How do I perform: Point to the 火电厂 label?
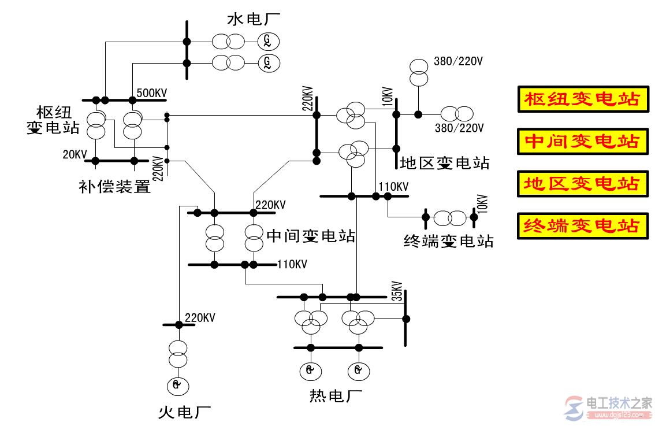184,412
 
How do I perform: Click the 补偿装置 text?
114,186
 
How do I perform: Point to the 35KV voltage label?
396,290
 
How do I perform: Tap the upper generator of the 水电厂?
268,40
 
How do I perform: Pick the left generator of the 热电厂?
310,370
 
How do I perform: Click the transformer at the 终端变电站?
449,218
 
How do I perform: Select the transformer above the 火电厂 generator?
178,354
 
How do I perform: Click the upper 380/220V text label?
458,61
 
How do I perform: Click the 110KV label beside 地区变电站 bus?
393,186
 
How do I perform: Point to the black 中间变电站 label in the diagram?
310,235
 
